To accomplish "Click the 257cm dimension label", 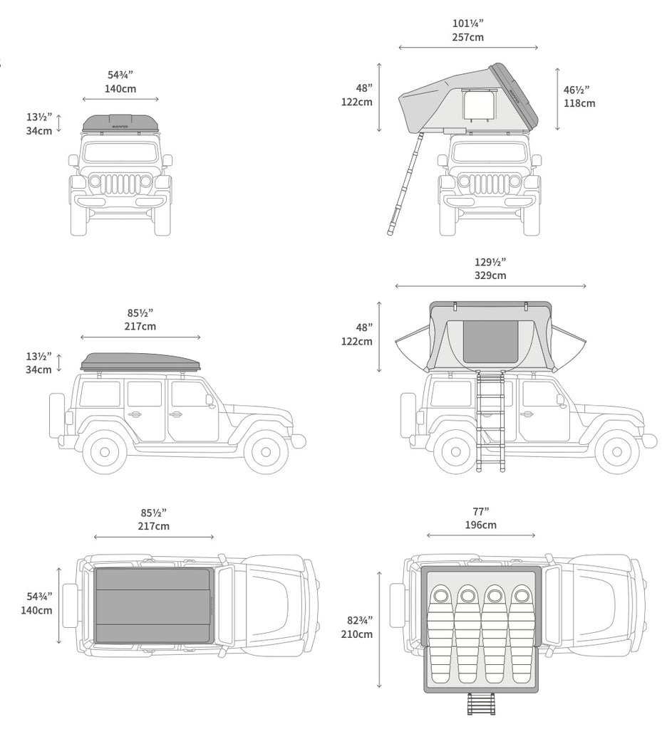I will pos(467,37).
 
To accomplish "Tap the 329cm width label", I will pos(490,276).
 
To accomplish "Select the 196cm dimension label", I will pos(480,525).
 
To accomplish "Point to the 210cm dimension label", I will pos(356,634).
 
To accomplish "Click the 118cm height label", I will pos(579,103).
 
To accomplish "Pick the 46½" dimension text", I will pos(576,90).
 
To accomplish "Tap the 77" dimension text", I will pos(480,512).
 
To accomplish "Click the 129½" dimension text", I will pos(490,262).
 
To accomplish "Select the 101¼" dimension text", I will pos(467,23).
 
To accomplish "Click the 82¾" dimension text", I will pos(356,620).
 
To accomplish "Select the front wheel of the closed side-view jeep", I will pos(266,451).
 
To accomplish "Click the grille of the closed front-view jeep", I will pos(120,184).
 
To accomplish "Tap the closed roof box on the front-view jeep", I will pos(120,123).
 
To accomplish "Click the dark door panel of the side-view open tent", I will pos(491,341).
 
